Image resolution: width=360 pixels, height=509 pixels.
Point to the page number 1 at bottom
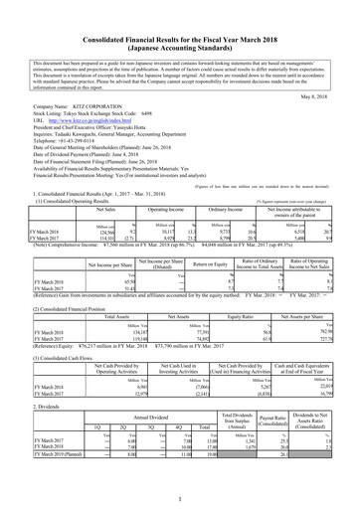click(x=180, y=499)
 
